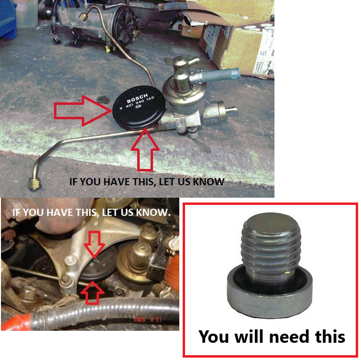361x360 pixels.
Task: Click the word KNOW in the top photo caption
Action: tap(208, 182)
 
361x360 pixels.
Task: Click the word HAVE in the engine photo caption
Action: tap(55, 211)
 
